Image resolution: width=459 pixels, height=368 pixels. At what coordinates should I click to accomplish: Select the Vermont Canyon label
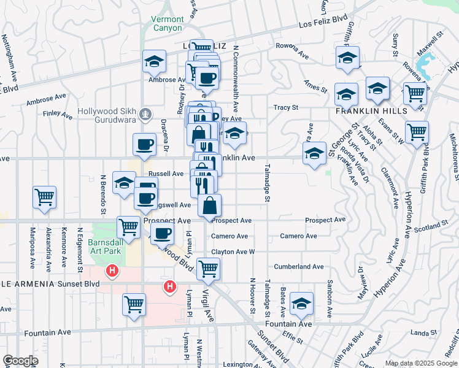click(167, 23)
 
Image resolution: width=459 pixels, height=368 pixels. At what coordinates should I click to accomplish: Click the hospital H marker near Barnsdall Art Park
click(112, 270)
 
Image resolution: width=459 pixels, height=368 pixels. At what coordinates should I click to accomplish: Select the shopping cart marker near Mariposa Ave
click(45, 197)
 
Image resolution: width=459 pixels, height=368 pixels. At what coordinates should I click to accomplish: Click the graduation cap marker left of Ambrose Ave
click(153, 61)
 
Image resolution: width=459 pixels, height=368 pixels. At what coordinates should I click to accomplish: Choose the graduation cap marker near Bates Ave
click(301, 303)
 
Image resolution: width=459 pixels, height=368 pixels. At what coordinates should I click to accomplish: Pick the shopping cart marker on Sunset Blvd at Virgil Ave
click(209, 268)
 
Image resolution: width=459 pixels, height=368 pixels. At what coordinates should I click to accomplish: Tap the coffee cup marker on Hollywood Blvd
click(163, 233)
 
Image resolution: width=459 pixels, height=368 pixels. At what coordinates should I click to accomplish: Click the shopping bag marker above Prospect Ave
click(209, 205)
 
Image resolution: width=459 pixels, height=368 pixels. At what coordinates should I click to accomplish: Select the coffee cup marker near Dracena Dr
click(144, 145)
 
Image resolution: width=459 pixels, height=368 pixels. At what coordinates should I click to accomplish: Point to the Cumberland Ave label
click(299, 267)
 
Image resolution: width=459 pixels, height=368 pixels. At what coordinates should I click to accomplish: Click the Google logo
click(20, 361)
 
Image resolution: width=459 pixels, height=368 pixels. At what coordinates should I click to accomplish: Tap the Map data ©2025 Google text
click(420, 363)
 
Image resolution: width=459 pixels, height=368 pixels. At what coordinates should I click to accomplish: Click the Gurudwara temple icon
click(145, 113)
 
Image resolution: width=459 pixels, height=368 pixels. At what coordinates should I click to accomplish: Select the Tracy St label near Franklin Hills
click(285, 107)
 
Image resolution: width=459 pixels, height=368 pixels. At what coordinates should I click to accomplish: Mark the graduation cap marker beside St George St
click(314, 153)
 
